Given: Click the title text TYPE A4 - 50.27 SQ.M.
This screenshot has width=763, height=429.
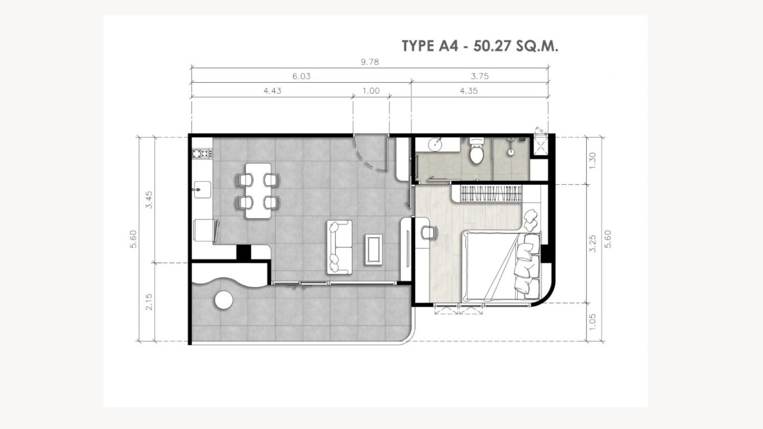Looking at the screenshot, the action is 480,46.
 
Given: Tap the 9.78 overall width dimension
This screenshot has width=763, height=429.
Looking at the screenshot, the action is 370,62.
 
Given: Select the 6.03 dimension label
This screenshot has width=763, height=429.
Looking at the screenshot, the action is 301,76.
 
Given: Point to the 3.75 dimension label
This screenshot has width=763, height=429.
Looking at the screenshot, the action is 480,76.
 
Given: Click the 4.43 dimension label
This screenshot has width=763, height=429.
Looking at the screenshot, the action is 273,91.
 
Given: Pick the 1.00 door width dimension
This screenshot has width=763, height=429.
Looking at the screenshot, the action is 371,91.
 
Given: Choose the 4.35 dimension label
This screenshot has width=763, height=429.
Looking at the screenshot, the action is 469,91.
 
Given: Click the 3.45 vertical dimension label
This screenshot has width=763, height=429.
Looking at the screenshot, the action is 149,199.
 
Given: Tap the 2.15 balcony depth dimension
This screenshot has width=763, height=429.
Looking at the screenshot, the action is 149,302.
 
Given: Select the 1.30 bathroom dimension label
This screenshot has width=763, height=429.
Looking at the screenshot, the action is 593,161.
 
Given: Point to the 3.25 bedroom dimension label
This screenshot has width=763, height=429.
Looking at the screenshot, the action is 593,243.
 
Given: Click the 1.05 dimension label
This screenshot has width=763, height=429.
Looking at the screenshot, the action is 593,322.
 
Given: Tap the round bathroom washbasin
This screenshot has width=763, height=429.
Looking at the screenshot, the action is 435,144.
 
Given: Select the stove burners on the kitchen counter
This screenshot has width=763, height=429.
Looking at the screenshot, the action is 201,154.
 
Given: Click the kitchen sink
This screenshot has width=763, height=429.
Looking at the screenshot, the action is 202,190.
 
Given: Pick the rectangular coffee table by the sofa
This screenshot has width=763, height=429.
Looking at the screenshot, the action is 374,249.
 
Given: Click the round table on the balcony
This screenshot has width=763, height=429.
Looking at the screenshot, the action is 224,300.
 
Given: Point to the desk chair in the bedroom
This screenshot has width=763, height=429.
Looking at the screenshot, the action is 429,233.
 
